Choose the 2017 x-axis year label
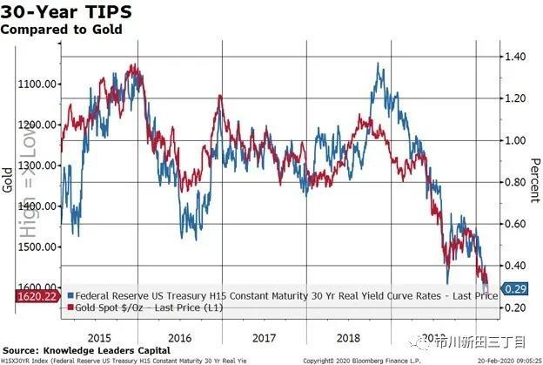click(x=265, y=335)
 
